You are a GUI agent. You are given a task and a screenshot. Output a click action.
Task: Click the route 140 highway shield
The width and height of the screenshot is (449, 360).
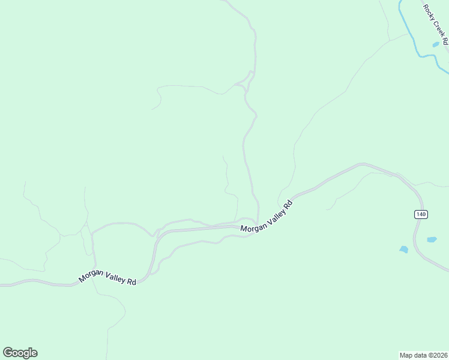point(421,214)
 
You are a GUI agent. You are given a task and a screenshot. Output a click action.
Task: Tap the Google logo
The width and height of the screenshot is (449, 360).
point(20,352)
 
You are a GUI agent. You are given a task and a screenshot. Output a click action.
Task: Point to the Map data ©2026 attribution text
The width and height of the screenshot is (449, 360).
point(423,355)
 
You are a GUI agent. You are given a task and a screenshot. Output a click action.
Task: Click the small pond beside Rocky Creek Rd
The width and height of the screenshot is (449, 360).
point(435,44)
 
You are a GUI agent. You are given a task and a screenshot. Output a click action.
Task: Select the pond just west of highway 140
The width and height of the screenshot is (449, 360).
point(404,249)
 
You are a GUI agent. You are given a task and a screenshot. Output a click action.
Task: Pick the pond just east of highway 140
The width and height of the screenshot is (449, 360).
point(432,239)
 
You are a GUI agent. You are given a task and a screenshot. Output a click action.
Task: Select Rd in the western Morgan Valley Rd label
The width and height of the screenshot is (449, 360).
point(131,281)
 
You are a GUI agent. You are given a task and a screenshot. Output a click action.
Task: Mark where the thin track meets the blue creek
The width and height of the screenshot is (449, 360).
point(412,33)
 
